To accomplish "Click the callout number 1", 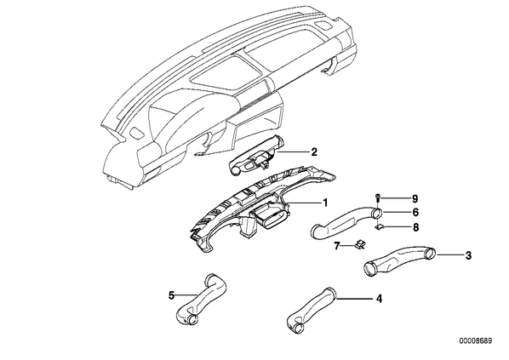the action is click(325, 203).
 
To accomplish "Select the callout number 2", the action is click(314, 152).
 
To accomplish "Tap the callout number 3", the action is click(468, 255).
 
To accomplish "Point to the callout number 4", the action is click(379, 299).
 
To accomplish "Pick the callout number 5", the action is click(172, 295).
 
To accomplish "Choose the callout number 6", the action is click(415, 212).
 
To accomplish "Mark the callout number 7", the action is click(336, 246).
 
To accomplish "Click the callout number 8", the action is click(415, 227).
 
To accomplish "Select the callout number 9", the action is click(415, 198).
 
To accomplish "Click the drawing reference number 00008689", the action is click(475, 340).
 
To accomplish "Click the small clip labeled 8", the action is click(378, 227).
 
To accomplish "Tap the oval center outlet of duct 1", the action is click(270, 216).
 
